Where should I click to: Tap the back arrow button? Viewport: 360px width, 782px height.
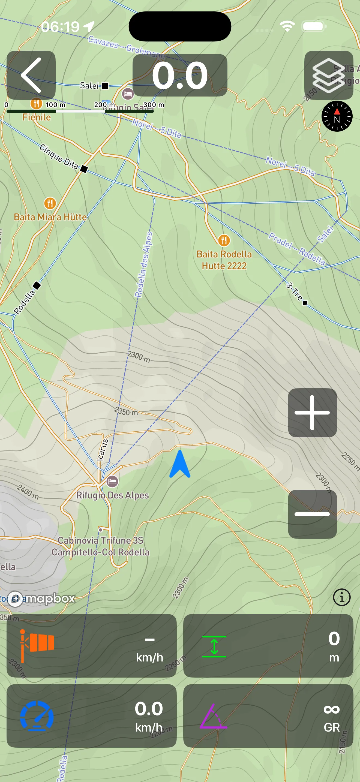[31, 75]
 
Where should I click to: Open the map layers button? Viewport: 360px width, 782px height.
[328, 75]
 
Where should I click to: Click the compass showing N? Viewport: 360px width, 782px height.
[337, 116]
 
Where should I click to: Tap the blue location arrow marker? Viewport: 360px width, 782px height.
[180, 464]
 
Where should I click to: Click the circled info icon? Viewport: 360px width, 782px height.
[341, 597]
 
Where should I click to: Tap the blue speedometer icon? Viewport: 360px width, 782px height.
[37, 715]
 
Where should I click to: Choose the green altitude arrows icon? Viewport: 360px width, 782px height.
[214, 646]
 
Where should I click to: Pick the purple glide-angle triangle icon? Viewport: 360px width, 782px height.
[213, 717]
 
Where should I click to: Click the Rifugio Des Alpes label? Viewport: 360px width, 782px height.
[112, 495]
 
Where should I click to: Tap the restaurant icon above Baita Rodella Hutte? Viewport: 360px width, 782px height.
[224, 240]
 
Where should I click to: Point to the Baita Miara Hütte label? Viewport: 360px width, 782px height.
[50, 217]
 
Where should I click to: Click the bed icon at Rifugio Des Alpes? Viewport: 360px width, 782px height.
[112, 481]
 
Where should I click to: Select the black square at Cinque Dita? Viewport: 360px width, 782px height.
[84, 169]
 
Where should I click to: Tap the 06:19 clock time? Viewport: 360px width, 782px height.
[60, 27]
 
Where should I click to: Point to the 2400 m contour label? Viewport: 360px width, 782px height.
[28, 492]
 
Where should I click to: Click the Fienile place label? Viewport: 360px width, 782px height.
[37, 117]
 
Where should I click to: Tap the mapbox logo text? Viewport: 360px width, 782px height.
[50, 598]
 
